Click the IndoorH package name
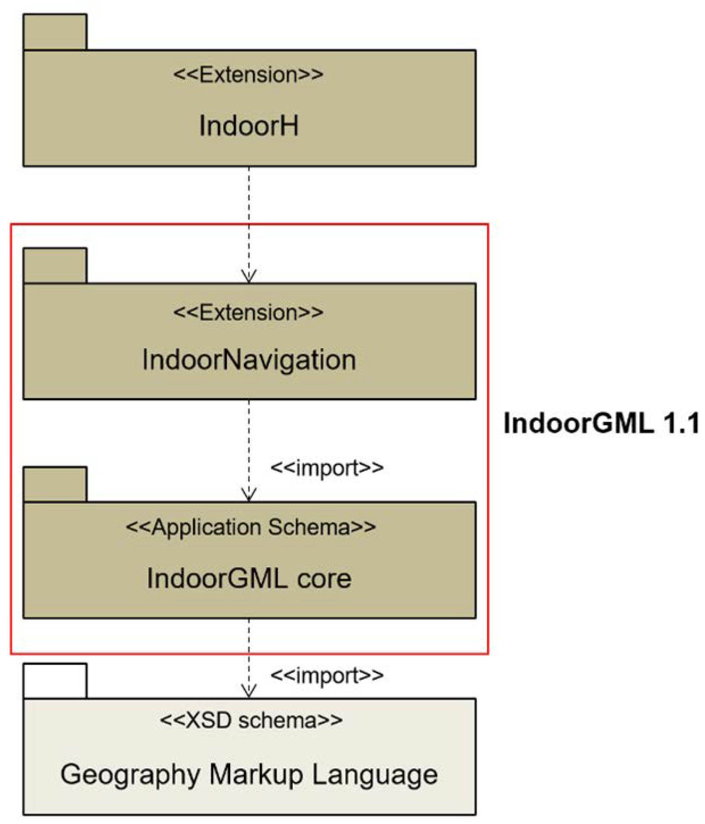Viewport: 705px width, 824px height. [x=248, y=126]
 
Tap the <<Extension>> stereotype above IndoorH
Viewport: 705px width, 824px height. [x=248, y=75]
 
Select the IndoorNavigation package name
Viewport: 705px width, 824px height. [x=249, y=360]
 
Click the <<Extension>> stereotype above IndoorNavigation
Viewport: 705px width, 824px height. [x=248, y=313]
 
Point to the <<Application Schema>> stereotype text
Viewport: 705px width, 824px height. [x=251, y=527]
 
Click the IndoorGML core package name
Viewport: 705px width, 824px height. [x=249, y=578]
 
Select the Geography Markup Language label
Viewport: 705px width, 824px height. [x=249, y=774]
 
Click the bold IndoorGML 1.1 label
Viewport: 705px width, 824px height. [x=601, y=423]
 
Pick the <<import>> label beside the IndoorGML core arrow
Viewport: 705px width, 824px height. [x=327, y=468]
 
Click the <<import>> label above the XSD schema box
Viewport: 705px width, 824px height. [x=327, y=676]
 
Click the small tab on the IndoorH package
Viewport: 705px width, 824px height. [x=55, y=32]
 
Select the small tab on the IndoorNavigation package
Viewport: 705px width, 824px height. [x=55, y=266]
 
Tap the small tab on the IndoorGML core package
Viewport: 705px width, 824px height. [x=55, y=484]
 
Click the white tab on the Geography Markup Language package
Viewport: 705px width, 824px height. [x=55, y=681]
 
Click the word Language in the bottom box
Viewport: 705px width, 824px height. [x=374, y=774]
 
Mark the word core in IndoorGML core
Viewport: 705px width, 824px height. [x=324, y=579]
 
